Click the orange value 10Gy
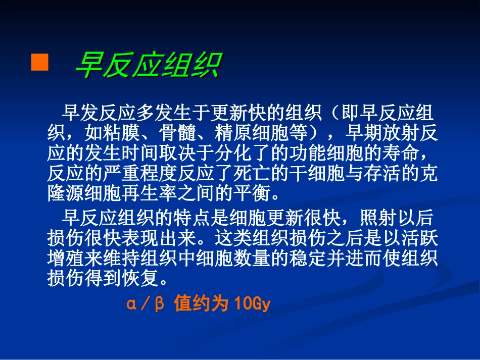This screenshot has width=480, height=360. pos(253,304)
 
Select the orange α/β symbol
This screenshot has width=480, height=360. pos(146,304)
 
